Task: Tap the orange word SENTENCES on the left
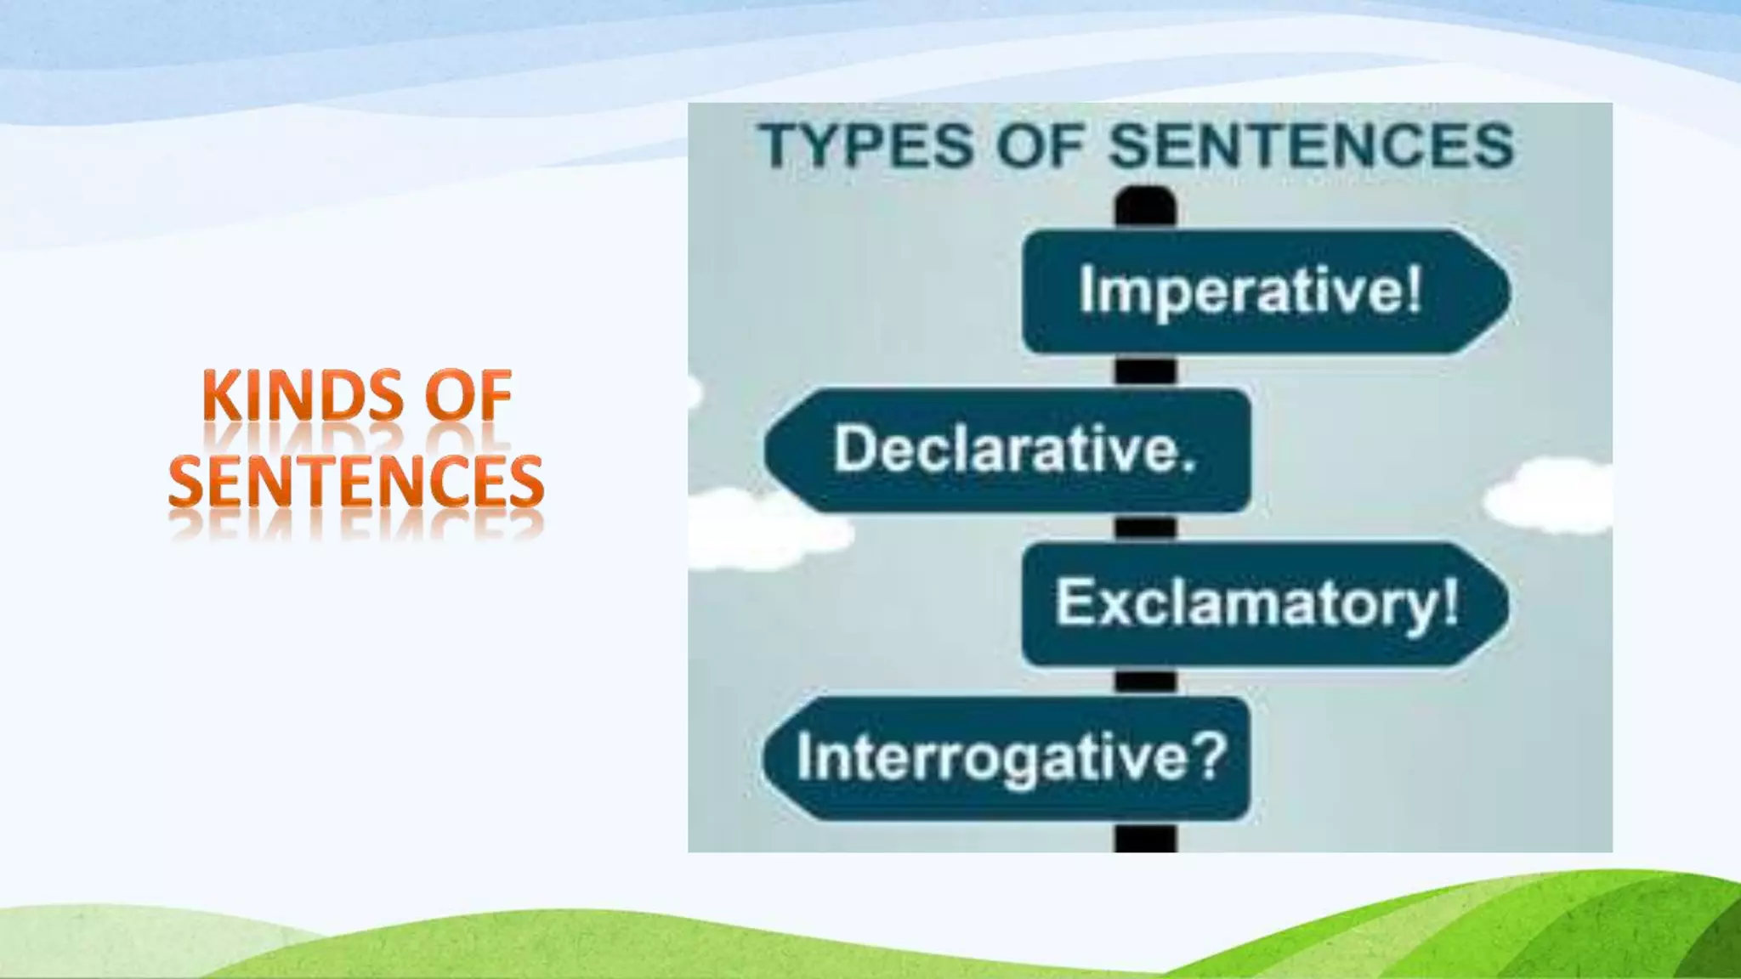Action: click(355, 481)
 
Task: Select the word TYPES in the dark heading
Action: click(866, 145)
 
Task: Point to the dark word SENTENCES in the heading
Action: click(1312, 145)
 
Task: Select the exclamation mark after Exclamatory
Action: click(1449, 600)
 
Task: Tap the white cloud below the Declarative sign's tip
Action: click(765, 531)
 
